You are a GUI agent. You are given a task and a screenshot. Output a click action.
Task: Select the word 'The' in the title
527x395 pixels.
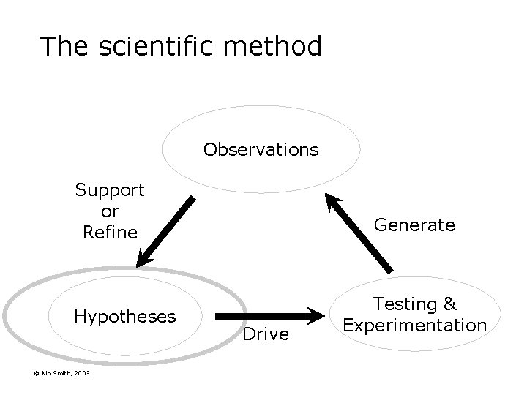coord(65,46)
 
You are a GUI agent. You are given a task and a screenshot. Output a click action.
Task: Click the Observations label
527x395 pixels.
coord(261,150)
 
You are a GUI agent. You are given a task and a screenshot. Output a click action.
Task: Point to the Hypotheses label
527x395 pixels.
coord(125,316)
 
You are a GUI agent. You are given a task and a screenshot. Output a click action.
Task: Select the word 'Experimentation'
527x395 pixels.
coord(415,324)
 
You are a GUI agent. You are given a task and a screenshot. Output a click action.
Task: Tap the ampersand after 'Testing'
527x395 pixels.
coord(449,304)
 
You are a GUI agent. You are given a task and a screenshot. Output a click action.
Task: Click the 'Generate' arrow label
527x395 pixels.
coord(414,225)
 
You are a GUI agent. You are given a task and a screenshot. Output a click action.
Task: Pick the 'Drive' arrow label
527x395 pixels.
coord(266,334)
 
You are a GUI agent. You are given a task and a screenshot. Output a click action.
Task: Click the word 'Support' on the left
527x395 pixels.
coord(110,190)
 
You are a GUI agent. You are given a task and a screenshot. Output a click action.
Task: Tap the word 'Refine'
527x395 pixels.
coord(110,233)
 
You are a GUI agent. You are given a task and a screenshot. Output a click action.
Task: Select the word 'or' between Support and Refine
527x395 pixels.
coord(110,211)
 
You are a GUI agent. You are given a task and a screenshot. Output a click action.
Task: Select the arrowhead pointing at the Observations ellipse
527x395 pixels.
coord(332,201)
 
